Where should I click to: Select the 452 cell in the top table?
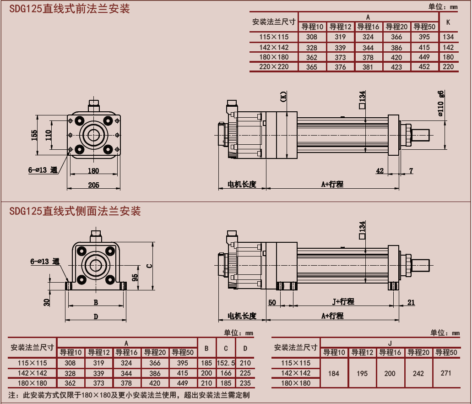(424, 67)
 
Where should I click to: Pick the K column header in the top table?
(448, 22)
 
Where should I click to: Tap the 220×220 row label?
(274, 67)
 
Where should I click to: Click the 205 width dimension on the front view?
(94, 185)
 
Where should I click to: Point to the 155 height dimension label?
(34, 135)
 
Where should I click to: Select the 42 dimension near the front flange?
(380, 171)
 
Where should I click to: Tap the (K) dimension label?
(283, 97)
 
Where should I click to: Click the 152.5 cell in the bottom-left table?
(226, 363)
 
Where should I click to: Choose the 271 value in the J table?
(445, 373)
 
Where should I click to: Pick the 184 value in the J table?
(334, 373)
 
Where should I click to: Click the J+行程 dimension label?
(343, 301)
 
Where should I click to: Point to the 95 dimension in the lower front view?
(135, 278)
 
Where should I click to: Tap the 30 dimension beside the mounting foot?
(47, 302)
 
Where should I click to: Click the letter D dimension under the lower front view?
(96, 316)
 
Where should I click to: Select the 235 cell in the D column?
(245, 383)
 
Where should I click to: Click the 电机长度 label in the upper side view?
(242, 185)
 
